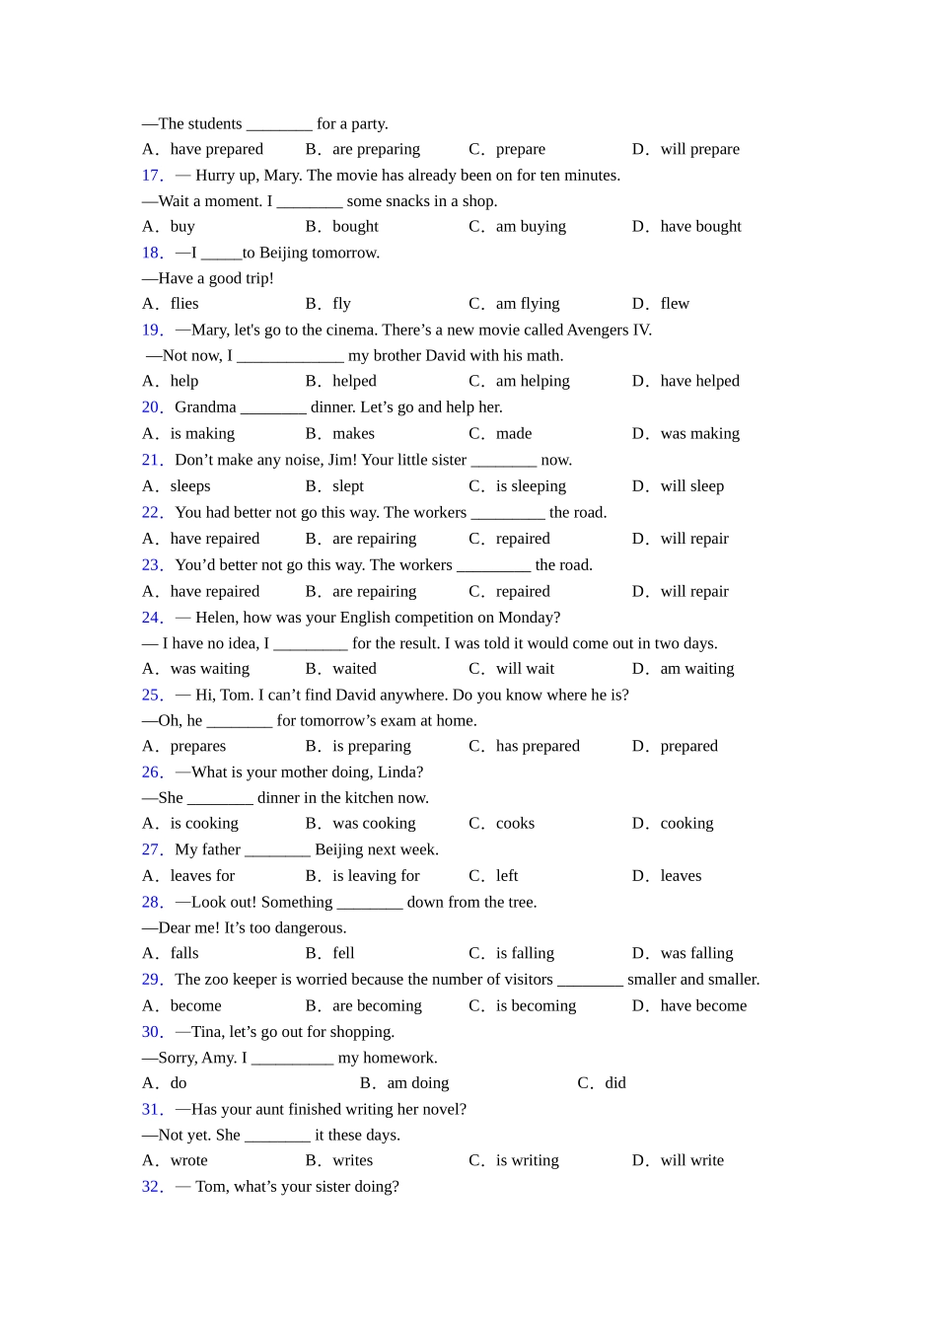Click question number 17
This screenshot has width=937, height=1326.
tap(152, 176)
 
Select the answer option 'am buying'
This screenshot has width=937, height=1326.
tap(531, 227)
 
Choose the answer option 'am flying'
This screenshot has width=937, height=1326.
tap(527, 304)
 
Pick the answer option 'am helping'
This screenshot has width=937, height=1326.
tap(533, 381)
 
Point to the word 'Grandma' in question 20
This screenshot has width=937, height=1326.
tap(205, 407)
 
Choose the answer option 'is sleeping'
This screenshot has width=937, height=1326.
tap(531, 486)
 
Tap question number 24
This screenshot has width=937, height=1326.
tap(152, 618)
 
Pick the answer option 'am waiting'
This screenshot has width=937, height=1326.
tap(696, 669)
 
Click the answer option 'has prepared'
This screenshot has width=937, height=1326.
tap(538, 746)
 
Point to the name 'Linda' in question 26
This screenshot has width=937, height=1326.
tap(399, 772)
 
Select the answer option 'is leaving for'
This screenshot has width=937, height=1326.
tap(376, 876)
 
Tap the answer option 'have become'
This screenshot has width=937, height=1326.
tap(703, 1006)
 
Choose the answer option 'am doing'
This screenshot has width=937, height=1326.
tap(417, 1083)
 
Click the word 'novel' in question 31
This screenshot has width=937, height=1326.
tap(443, 1109)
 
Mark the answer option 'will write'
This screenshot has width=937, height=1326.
tap(691, 1160)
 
